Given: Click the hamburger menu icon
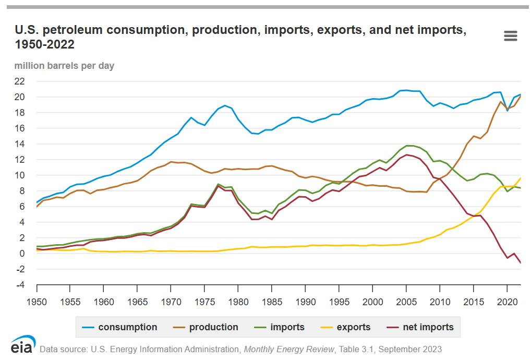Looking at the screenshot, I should click(x=511, y=36).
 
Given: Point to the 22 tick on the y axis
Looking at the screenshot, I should click(x=19, y=81).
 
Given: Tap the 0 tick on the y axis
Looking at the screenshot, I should click(x=21, y=254).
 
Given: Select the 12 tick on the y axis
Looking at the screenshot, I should click(x=19, y=160).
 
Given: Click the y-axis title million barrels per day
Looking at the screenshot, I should click(x=64, y=66).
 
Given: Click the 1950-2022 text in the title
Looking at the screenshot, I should click(x=44, y=45).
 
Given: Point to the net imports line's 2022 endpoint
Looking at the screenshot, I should click(x=520, y=262).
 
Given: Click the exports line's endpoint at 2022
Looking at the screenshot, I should click(x=520, y=178).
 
